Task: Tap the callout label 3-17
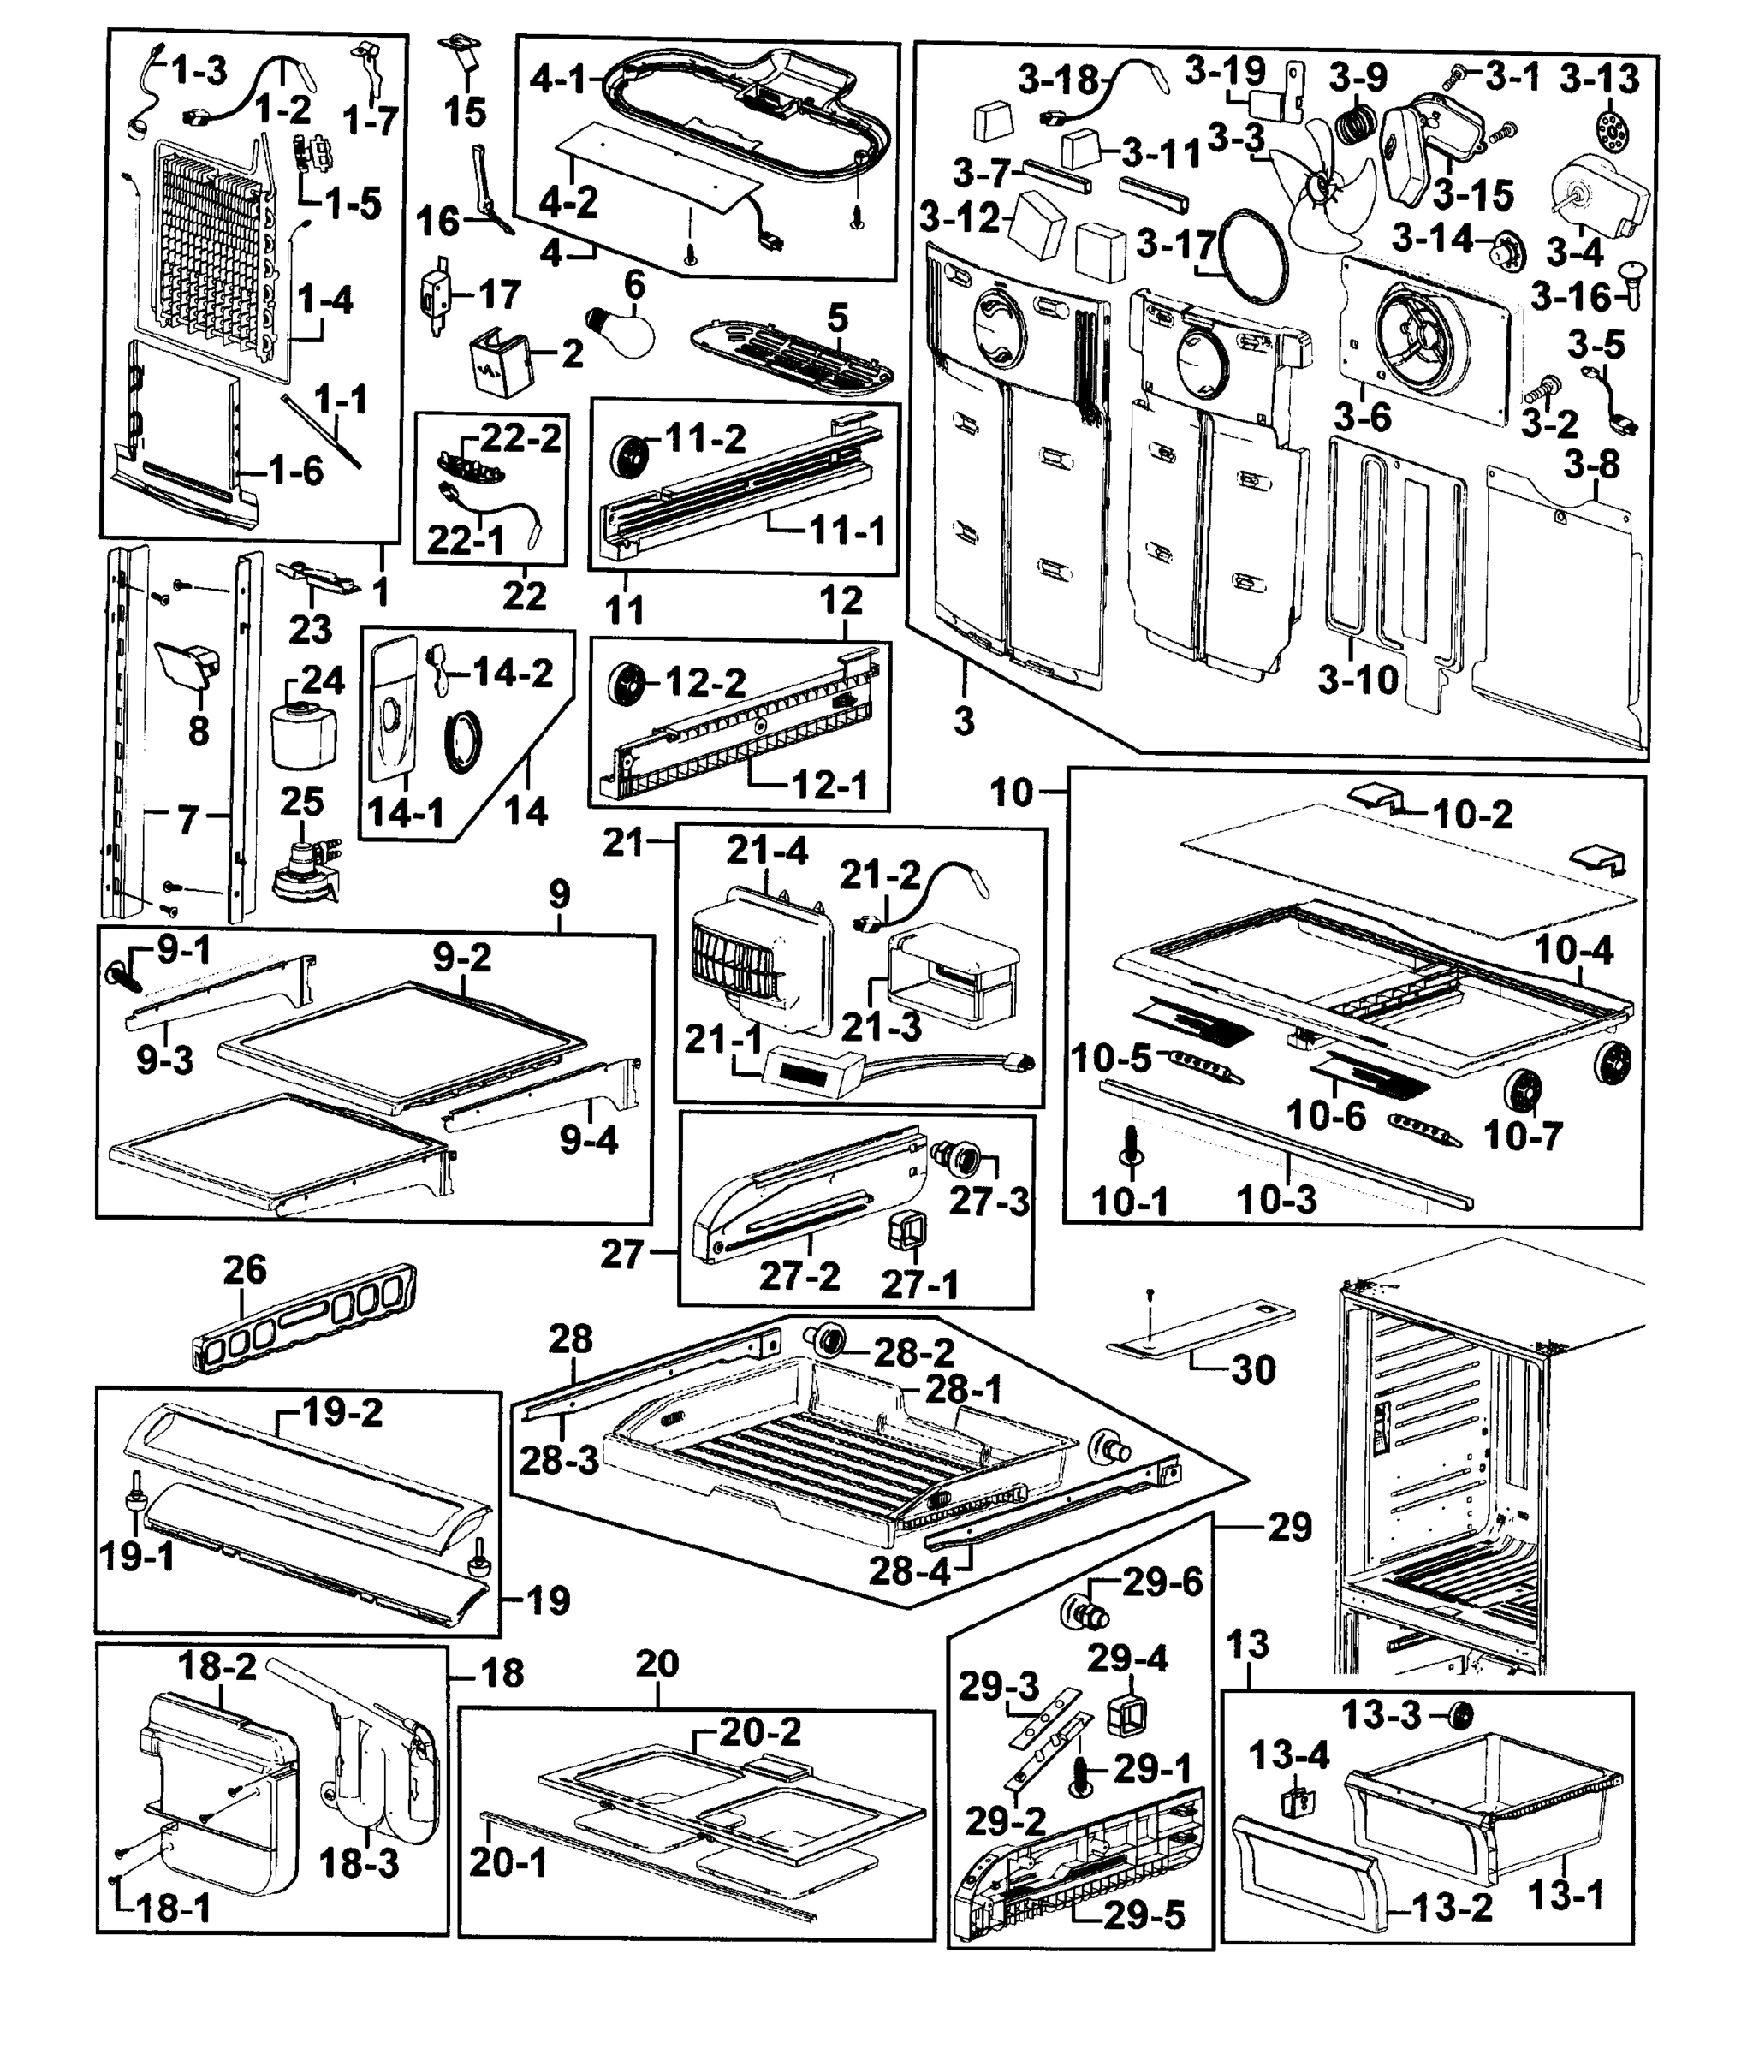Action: (1176, 243)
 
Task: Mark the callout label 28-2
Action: (912, 1351)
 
